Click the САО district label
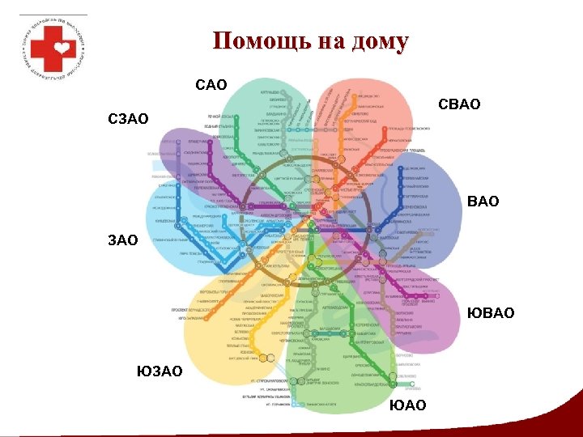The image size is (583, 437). (x=212, y=84)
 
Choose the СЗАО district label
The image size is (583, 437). (x=129, y=119)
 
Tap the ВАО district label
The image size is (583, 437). (x=483, y=201)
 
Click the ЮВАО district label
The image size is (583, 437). (x=492, y=313)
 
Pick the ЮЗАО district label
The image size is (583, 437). (x=160, y=371)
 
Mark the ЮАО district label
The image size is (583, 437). (x=407, y=404)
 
